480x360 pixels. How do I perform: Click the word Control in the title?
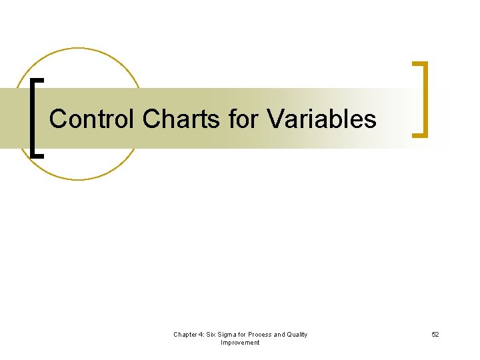(x=92, y=119)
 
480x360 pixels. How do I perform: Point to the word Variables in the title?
(x=321, y=119)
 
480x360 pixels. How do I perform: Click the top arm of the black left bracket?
(x=39, y=80)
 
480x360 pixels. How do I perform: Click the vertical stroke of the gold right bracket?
(x=425, y=100)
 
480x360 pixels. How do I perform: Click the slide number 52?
(x=435, y=335)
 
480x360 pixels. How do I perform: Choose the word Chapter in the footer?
(x=185, y=335)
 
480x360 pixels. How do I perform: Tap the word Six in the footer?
(x=213, y=335)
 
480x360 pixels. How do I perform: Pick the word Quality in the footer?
(x=297, y=335)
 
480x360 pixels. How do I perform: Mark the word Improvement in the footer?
(x=240, y=343)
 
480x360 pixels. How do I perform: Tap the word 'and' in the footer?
(x=280, y=335)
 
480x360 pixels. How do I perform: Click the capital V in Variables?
(x=273, y=119)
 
